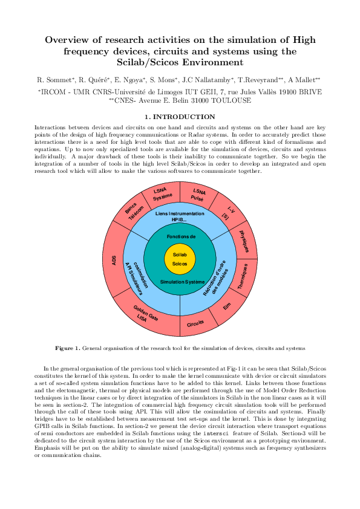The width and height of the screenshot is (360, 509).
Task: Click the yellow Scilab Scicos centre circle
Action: point(180,259)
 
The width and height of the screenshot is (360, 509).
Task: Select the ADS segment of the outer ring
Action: point(114,260)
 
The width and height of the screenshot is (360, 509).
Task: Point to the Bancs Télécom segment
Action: point(134,211)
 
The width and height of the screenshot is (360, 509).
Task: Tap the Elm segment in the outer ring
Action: point(227,307)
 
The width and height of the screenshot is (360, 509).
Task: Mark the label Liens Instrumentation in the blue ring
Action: point(180,213)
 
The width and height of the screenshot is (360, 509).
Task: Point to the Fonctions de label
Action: point(180,236)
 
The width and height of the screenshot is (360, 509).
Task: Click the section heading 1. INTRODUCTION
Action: point(180,117)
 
